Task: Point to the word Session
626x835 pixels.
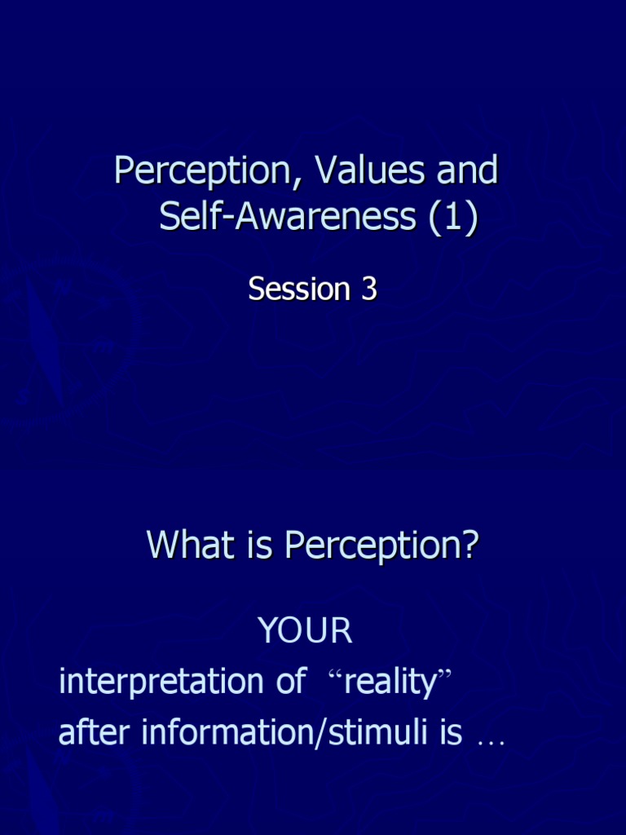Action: pyautogui.click(x=298, y=289)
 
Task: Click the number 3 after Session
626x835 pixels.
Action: pyautogui.click(x=368, y=289)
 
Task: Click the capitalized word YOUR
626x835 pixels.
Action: pyautogui.click(x=305, y=630)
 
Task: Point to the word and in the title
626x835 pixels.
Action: pyautogui.click(x=467, y=171)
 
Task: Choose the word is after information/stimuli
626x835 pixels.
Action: pyautogui.click(x=451, y=733)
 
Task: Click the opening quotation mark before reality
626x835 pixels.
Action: pyautogui.click(x=335, y=675)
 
